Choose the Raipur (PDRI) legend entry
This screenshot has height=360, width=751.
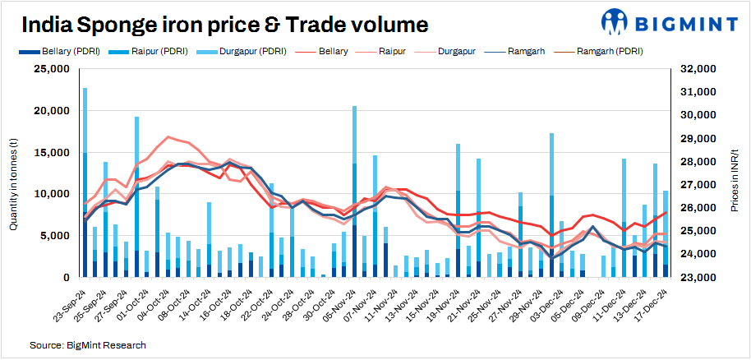[x=156, y=52]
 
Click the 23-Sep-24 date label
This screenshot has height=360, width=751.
[x=69, y=303]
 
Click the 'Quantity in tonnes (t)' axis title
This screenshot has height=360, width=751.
[x=14, y=173]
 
